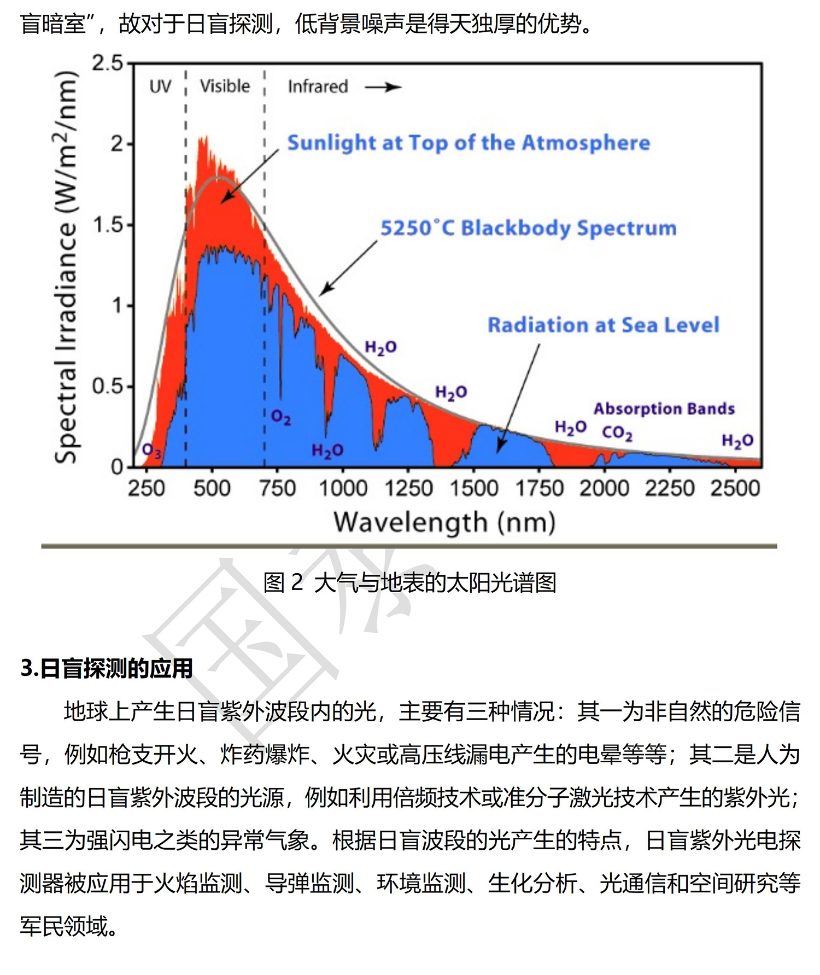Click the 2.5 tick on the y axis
tap(108, 63)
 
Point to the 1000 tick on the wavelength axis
tap(343, 488)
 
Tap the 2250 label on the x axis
tap(670, 488)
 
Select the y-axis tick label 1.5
tap(108, 225)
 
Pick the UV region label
tap(160, 86)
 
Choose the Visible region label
tap(225, 86)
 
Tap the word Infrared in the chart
tap(318, 86)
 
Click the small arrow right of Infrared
tap(383, 87)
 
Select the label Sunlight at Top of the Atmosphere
tap(468, 143)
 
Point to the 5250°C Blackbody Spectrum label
tap(528, 227)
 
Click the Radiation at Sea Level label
tap(603, 325)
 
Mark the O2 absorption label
tap(281, 418)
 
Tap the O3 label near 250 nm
tap(151, 451)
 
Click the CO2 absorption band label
tap(617, 433)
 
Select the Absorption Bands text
tap(664, 408)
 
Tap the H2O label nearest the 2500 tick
tap(737, 441)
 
